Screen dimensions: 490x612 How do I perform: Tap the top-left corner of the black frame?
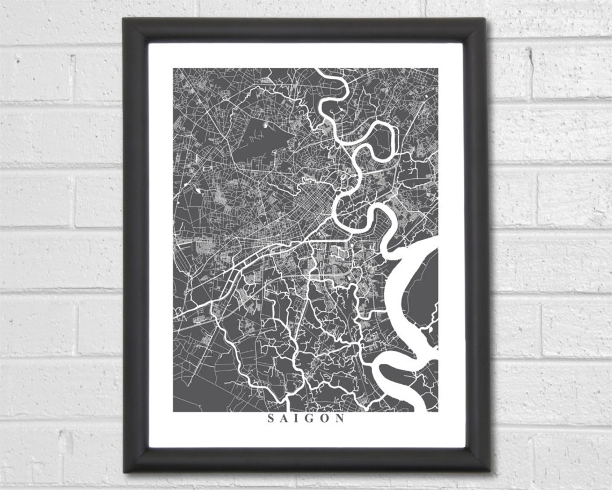point(124,19)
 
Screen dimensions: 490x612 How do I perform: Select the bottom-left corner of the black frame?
point(125,471)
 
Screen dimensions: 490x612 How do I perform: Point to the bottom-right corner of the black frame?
point(489,471)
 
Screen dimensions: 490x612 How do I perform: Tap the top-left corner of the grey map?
point(173,69)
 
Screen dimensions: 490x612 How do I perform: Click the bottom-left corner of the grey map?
point(173,412)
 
